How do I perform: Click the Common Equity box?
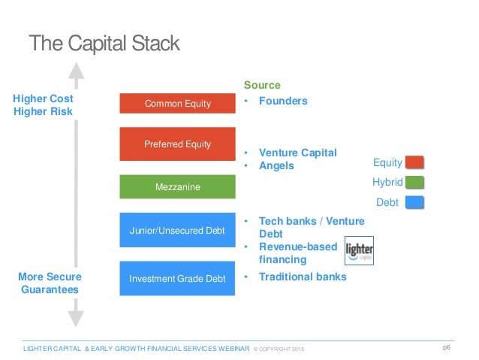(x=178, y=104)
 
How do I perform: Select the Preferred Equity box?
(x=178, y=144)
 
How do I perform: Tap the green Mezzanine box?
(x=178, y=186)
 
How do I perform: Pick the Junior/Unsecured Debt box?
(x=178, y=230)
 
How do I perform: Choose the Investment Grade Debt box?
(x=178, y=278)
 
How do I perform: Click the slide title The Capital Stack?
(x=104, y=43)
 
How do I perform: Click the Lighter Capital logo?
(x=359, y=251)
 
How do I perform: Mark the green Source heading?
(x=262, y=85)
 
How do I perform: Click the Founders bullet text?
(x=283, y=101)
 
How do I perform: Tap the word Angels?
(x=276, y=165)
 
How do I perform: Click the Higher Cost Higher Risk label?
(x=44, y=105)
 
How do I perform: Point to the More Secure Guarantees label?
(x=50, y=283)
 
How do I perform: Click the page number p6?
(x=446, y=347)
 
